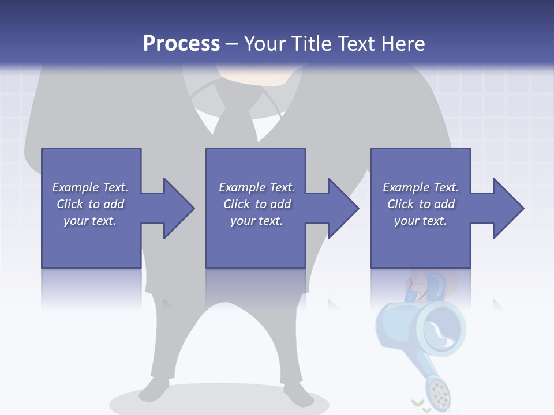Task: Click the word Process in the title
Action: coord(181,44)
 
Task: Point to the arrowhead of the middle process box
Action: coord(342,208)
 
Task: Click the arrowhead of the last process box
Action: coord(507,208)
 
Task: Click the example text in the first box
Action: coord(91,204)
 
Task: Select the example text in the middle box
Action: coord(257,204)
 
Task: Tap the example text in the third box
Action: coord(421,204)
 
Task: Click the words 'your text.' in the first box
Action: coord(90,221)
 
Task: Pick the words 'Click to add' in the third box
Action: coord(421,204)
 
